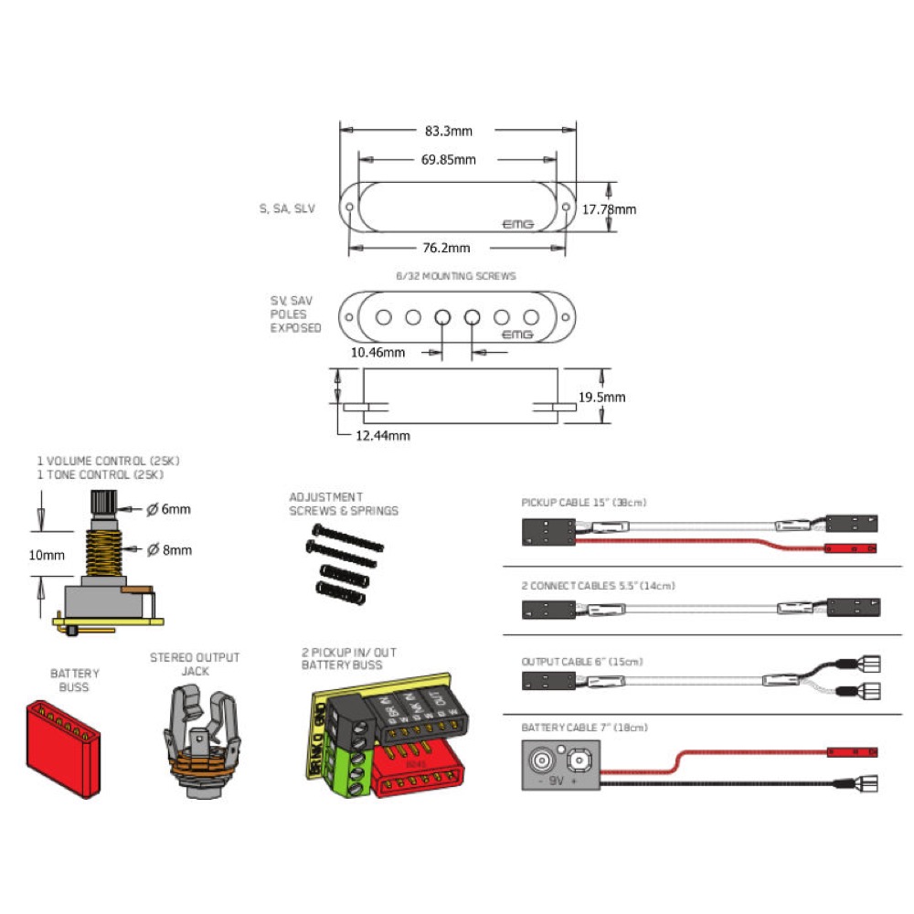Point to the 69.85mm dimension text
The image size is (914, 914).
[448, 160]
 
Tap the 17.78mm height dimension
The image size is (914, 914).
[610, 209]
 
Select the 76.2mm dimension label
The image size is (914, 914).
[446, 248]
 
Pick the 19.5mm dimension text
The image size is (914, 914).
[603, 397]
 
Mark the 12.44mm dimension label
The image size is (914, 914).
[382, 436]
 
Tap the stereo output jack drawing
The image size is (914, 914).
[197, 731]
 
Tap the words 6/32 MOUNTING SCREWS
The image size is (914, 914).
[455, 275]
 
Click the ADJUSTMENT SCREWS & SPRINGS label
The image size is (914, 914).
[344, 504]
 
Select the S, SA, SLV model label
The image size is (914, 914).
[287, 208]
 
